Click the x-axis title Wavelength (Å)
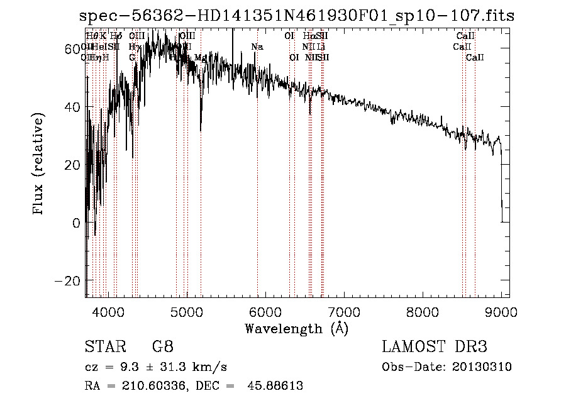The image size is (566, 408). click(296, 328)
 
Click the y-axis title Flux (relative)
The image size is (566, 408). click(39, 165)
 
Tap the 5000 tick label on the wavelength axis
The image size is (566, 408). click(187, 311)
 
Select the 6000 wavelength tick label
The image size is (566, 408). click(265, 311)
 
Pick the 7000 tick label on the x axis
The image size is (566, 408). click(344, 311)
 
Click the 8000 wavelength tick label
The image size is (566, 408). click(423, 311)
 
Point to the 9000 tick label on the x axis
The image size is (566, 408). click(501, 311)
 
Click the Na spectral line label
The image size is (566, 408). click(257, 47)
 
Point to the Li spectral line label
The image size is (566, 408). click(321, 47)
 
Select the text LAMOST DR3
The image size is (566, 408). click(435, 347)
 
